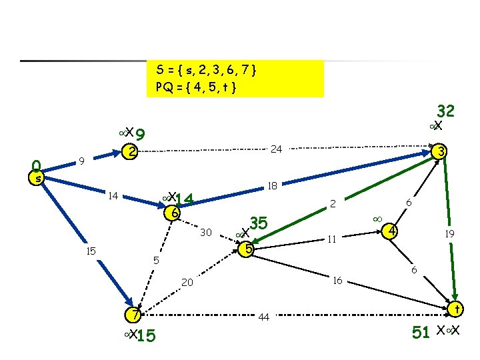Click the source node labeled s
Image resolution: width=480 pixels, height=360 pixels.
tap(39, 178)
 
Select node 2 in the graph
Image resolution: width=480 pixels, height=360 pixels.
tap(132, 152)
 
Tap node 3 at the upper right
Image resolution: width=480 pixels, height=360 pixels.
tap(439, 152)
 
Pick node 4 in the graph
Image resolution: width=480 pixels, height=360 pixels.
tap(393, 231)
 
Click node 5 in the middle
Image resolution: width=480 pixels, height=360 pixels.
tap(247, 249)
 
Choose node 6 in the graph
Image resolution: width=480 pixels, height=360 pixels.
tap(173, 213)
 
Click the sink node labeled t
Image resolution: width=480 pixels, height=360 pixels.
tap(456, 309)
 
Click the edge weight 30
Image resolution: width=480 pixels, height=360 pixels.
tap(206, 233)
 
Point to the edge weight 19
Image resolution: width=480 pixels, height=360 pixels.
tap(451, 234)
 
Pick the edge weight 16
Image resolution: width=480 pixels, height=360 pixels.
tap(337, 281)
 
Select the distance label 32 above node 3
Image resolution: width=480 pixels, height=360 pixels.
tap(445, 110)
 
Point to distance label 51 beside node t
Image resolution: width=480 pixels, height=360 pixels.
tap(421, 332)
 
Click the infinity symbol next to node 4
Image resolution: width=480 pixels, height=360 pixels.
tap(377, 218)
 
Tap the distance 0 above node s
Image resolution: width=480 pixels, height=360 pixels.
tap(37, 165)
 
